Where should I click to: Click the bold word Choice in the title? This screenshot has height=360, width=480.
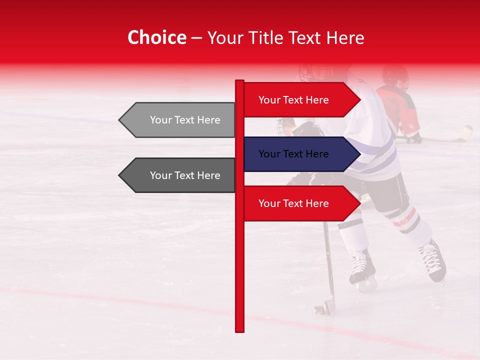coord(156,37)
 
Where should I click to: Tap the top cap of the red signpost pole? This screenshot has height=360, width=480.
coord(239,81)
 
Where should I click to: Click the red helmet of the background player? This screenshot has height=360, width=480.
coord(395,75)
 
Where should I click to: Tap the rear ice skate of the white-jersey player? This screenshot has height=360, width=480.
coord(433,261)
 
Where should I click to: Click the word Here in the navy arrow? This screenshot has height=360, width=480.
coord(316,154)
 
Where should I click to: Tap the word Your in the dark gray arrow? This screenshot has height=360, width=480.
coord(160,175)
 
